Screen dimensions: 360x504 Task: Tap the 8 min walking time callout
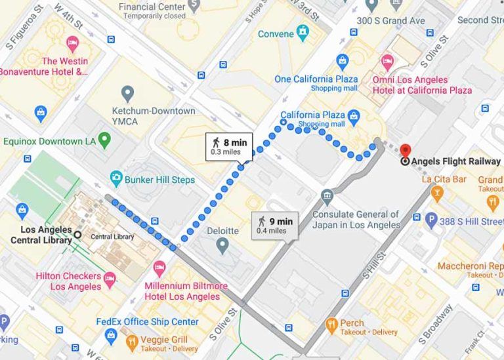click(228, 146)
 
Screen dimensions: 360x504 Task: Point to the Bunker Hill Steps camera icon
click(116, 178)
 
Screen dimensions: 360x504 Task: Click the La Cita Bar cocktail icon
click(438, 193)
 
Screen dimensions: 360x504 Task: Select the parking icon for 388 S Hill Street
click(431, 221)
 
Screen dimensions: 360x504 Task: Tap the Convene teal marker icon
click(302, 31)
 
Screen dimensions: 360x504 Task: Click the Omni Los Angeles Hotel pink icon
click(387, 63)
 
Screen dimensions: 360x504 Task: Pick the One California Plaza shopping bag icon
click(342, 61)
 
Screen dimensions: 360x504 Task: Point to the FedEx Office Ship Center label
click(147, 322)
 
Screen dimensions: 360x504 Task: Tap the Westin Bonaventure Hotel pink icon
click(72, 44)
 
